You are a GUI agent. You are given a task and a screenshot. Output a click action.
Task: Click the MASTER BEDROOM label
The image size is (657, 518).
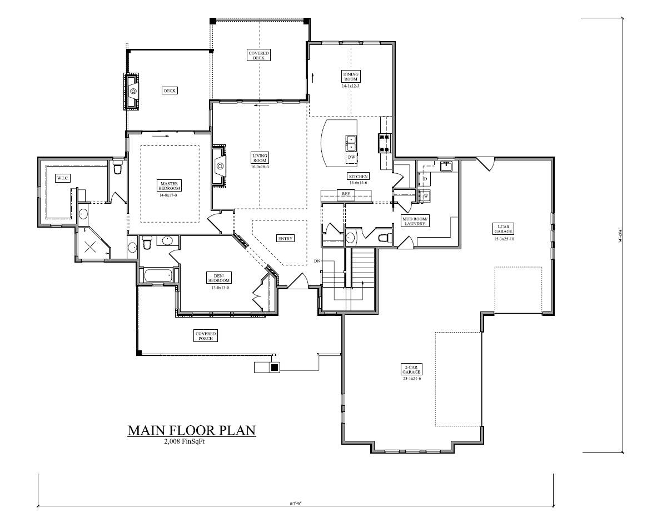[x=170, y=185]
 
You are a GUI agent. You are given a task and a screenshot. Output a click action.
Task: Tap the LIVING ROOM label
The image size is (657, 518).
[x=260, y=158]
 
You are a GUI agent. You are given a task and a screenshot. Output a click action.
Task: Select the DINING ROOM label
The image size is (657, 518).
[x=351, y=77]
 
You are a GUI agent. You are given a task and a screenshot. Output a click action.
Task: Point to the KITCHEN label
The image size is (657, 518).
[x=359, y=176]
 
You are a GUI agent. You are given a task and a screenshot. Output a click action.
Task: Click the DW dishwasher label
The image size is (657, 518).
[x=351, y=158]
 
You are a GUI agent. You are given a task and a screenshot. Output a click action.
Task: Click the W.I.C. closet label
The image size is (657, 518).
[x=62, y=178]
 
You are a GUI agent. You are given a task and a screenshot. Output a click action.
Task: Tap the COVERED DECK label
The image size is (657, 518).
[x=258, y=55]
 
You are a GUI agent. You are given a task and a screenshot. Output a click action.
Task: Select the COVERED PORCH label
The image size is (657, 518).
[x=205, y=335]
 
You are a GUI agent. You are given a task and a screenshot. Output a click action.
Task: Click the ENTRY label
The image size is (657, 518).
[x=285, y=238]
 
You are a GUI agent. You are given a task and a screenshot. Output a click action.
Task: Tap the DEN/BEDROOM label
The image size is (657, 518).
[x=218, y=278]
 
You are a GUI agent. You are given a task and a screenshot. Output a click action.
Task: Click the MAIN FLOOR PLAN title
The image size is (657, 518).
[x=192, y=430]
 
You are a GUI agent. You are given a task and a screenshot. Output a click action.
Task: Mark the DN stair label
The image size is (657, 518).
[x=317, y=260]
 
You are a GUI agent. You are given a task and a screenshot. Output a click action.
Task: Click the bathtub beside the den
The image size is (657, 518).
[x=157, y=275]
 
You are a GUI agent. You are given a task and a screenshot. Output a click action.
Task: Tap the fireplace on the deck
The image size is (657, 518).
[x=132, y=91]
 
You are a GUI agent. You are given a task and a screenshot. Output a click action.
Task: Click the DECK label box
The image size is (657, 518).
[x=170, y=90]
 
